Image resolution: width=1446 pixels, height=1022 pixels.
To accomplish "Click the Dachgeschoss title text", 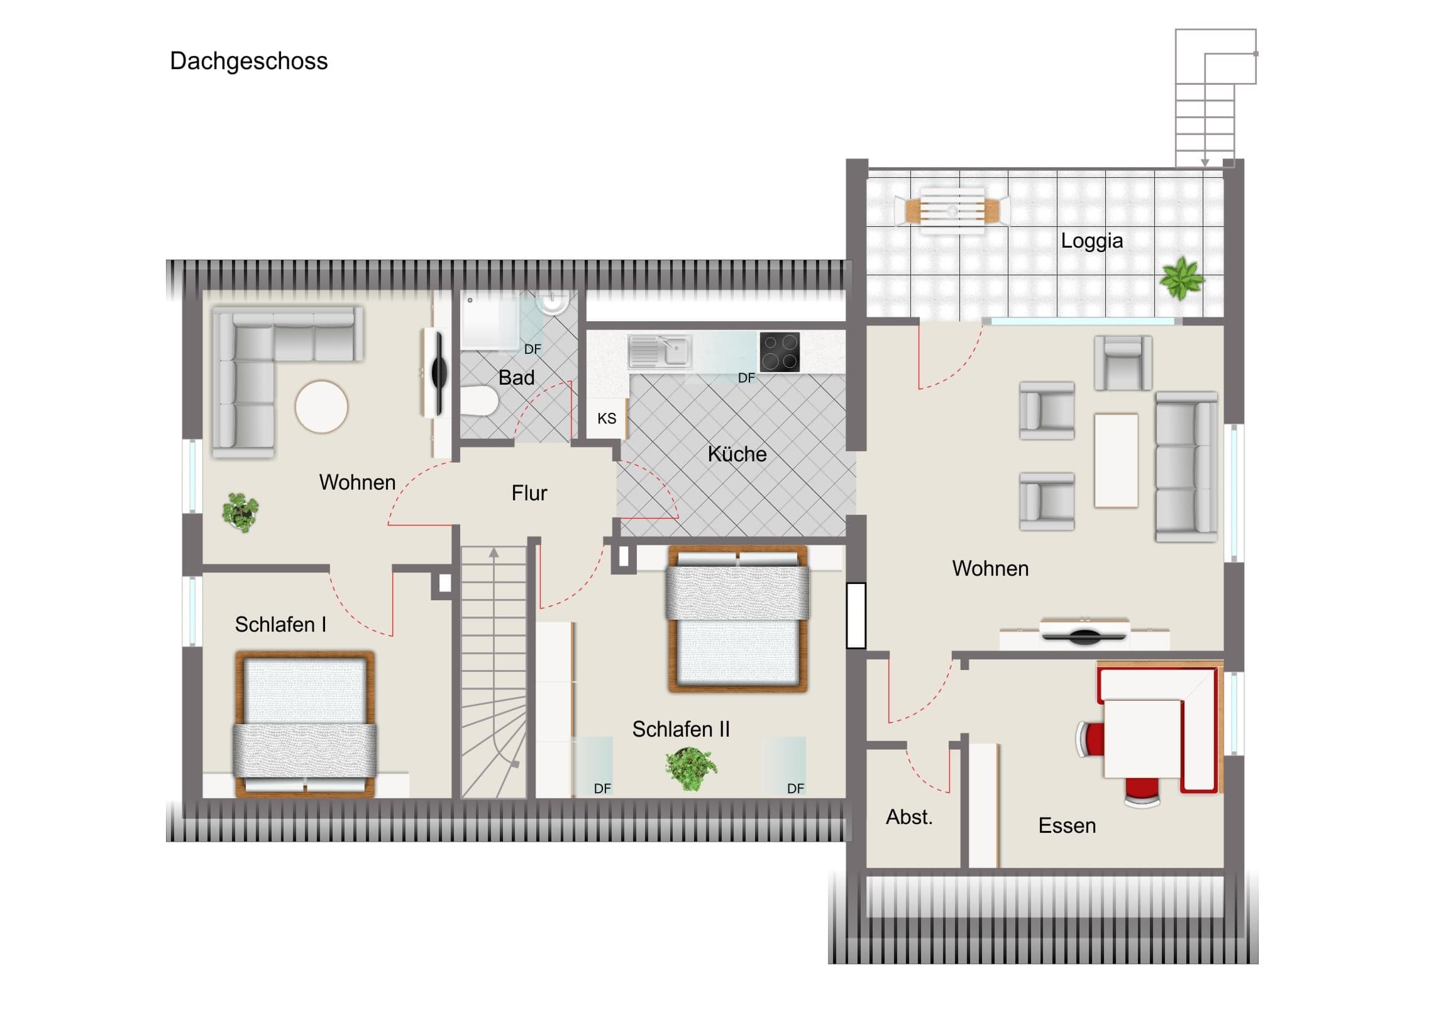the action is (x=249, y=62).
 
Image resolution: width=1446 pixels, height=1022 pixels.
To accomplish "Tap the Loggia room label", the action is (x=1091, y=241).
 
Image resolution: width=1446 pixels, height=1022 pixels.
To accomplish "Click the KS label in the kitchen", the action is (x=607, y=419).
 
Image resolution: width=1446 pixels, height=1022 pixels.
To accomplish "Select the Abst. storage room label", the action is (x=909, y=817).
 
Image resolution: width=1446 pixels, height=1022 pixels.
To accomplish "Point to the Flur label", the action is (x=529, y=493).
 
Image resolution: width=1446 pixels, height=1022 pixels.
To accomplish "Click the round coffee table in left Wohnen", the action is (x=321, y=406).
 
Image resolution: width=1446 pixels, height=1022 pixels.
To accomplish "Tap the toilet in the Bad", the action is (x=478, y=401).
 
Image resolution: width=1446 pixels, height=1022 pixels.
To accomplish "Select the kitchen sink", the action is (x=660, y=351).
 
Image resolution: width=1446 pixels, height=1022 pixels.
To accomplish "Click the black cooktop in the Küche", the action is (x=780, y=351).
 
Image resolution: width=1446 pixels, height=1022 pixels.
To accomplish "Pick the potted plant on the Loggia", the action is (x=1182, y=278).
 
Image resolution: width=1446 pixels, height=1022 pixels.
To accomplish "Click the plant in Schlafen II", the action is (x=691, y=768).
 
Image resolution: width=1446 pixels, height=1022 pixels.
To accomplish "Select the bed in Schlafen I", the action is (x=305, y=724).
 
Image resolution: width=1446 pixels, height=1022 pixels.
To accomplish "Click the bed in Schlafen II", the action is (x=737, y=620).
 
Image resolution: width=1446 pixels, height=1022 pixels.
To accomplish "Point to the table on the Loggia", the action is (x=952, y=211).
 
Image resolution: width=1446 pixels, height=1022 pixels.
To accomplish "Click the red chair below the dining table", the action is (x=1142, y=791).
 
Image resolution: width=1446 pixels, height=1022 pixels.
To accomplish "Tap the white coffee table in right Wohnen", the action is (x=1116, y=460).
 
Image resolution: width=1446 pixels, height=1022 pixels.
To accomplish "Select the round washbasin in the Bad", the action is (x=553, y=302).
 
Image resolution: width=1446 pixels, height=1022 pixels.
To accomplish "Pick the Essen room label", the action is (x=1067, y=825).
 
